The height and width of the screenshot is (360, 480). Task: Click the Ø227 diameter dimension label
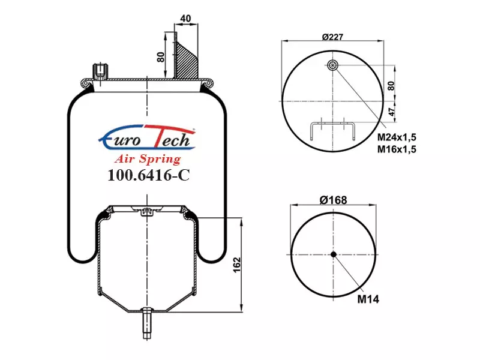[333, 37]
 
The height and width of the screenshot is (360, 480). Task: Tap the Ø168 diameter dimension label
[333, 200]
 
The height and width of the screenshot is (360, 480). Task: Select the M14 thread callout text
[368, 299]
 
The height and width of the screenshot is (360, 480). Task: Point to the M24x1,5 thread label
[397, 137]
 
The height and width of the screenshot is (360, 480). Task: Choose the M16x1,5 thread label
[397, 149]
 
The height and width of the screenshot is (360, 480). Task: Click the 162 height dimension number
[237, 265]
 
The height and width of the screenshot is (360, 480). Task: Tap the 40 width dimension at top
[185, 19]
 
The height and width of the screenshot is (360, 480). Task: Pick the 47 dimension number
[392, 112]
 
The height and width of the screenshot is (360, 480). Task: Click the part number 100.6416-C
[149, 175]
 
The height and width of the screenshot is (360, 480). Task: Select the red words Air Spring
[148, 159]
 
